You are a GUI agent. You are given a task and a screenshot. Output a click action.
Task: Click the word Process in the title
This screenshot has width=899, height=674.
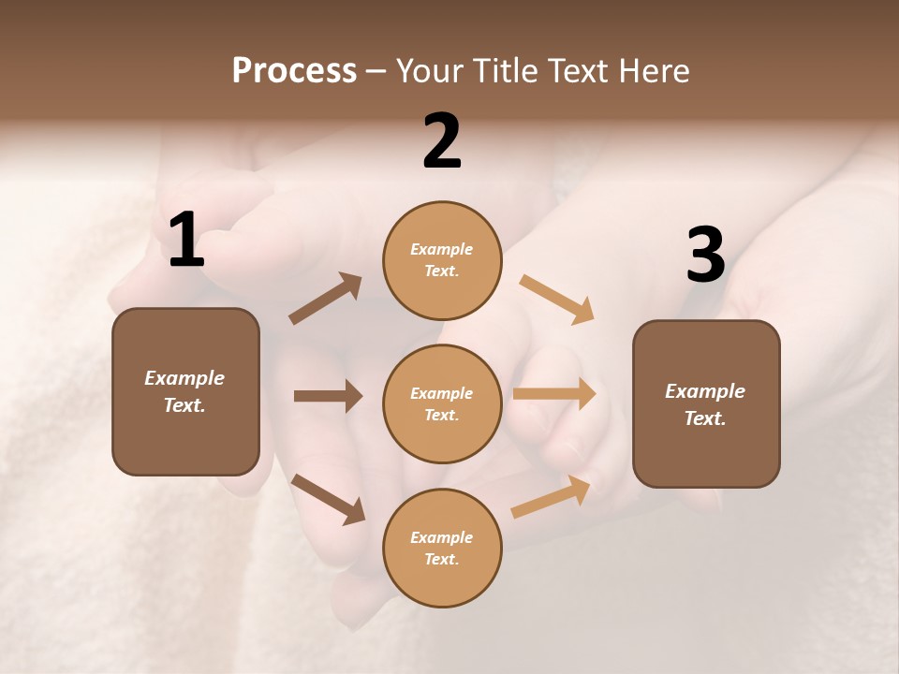pyautogui.click(x=294, y=71)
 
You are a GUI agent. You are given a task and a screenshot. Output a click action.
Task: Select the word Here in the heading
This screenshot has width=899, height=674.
pyautogui.click(x=653, y=71)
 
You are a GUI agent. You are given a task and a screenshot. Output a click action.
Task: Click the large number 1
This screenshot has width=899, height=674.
pyautogui.click(x=185, y=241)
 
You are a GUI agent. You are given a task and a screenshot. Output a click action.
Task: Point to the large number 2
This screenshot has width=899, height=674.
pyautogui.click(x=442, y=141)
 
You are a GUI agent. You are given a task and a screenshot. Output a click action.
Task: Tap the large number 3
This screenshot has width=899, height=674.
pyautogui.click(x=705, y=256)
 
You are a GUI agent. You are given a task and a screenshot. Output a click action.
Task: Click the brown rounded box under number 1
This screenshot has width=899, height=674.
pyautogui.click(x=185, y=391)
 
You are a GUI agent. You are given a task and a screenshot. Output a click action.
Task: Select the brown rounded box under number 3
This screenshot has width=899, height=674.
pyautogui.click(x=706, y=403)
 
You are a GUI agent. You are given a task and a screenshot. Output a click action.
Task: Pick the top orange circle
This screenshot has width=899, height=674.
pyautogui.click(x=442, y=260)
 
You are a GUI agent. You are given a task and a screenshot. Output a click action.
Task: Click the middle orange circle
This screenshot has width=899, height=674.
pyautogui.click(x=442, y=403)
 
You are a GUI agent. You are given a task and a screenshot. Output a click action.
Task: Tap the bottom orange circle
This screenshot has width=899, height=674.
pyautogui.click(x=442, y=548)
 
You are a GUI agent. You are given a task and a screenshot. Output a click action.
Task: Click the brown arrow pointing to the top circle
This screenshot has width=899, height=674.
pyautogui.click(x=326, y=299)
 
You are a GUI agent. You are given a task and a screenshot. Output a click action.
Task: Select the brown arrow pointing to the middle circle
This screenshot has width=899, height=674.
pyautogui.click(x=328, y=396)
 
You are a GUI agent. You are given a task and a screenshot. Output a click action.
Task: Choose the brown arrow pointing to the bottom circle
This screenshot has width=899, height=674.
pyautogui.click(x=328, y=499)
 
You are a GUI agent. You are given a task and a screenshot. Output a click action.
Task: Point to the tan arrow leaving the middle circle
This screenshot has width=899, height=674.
pyautogui.click(x=554, y=394)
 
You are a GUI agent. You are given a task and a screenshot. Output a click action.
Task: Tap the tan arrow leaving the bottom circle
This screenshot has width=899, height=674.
pyautogui.click(x=551, y=497)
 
